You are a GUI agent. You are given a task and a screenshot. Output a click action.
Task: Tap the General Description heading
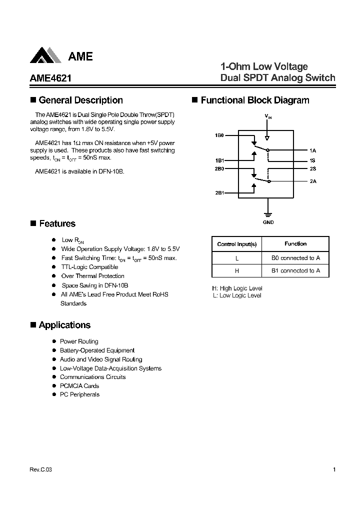pos(80,100)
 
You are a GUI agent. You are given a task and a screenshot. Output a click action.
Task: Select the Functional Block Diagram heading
pos(254,100)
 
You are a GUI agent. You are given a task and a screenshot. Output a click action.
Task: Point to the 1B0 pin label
pos(219,135)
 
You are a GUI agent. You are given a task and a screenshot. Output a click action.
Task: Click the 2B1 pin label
pos(219,192)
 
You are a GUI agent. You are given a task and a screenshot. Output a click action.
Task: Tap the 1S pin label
pos(313,160)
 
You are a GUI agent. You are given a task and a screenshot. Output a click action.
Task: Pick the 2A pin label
pos(313,181)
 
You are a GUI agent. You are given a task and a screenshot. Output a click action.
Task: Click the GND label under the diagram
pos(268,222)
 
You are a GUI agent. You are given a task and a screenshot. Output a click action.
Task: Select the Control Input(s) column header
pos(237,244)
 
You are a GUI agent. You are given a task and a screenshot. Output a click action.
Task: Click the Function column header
pos(295,244)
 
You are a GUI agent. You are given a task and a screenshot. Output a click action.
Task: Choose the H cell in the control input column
pos(237,270)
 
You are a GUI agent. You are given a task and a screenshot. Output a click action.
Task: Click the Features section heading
pos(57,224)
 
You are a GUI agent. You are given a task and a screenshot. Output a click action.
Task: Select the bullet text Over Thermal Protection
pos(92,276)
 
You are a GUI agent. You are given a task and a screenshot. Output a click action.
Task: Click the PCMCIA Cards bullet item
pos(79,386)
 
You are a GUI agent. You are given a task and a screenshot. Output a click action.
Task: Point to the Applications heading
pos(64,325)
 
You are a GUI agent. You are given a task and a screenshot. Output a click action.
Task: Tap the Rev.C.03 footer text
pos(40,470)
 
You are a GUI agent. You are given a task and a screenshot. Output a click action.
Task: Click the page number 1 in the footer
pos(333,469)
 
